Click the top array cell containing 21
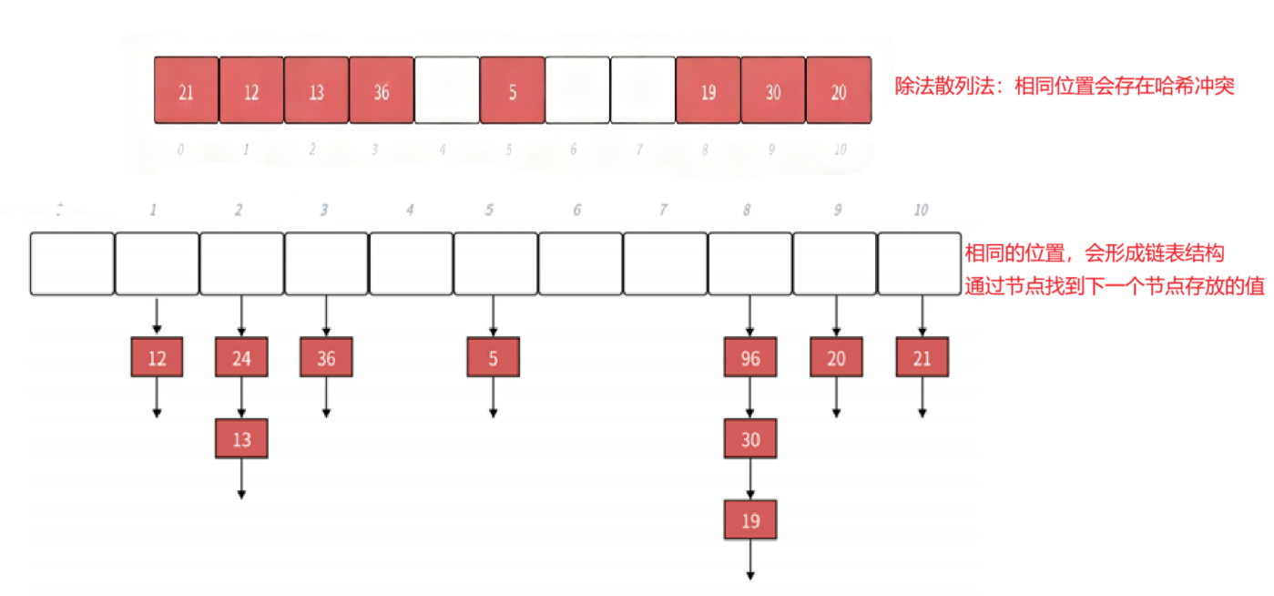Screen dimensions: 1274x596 click(186, 90)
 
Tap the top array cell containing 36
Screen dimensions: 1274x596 click(382, 90)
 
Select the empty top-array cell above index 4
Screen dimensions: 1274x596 click(446, 90)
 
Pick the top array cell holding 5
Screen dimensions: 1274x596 click(512, 90)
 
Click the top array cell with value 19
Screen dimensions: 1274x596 click(708, 90)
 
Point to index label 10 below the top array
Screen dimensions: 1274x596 click(839, 150)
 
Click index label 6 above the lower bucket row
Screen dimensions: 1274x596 click(576, 211)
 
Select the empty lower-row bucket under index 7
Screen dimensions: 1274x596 click(665, 263)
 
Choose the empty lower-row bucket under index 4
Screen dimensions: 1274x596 click(411, 263)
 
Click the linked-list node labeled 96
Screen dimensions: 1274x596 click(750, 357)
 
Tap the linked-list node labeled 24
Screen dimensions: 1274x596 click(241, 357)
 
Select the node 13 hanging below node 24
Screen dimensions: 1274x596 click(241, 439)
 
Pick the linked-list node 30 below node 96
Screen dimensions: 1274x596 click(750, 439)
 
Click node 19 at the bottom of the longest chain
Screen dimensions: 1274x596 click(750, 520)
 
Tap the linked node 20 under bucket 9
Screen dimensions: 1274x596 click(836, 357)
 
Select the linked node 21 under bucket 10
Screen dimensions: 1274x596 click(922, 357)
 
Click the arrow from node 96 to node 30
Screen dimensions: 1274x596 click(750, 398)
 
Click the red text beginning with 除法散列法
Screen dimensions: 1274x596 click(1065, 90)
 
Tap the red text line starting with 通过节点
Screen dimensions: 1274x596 click(1115, 284)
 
